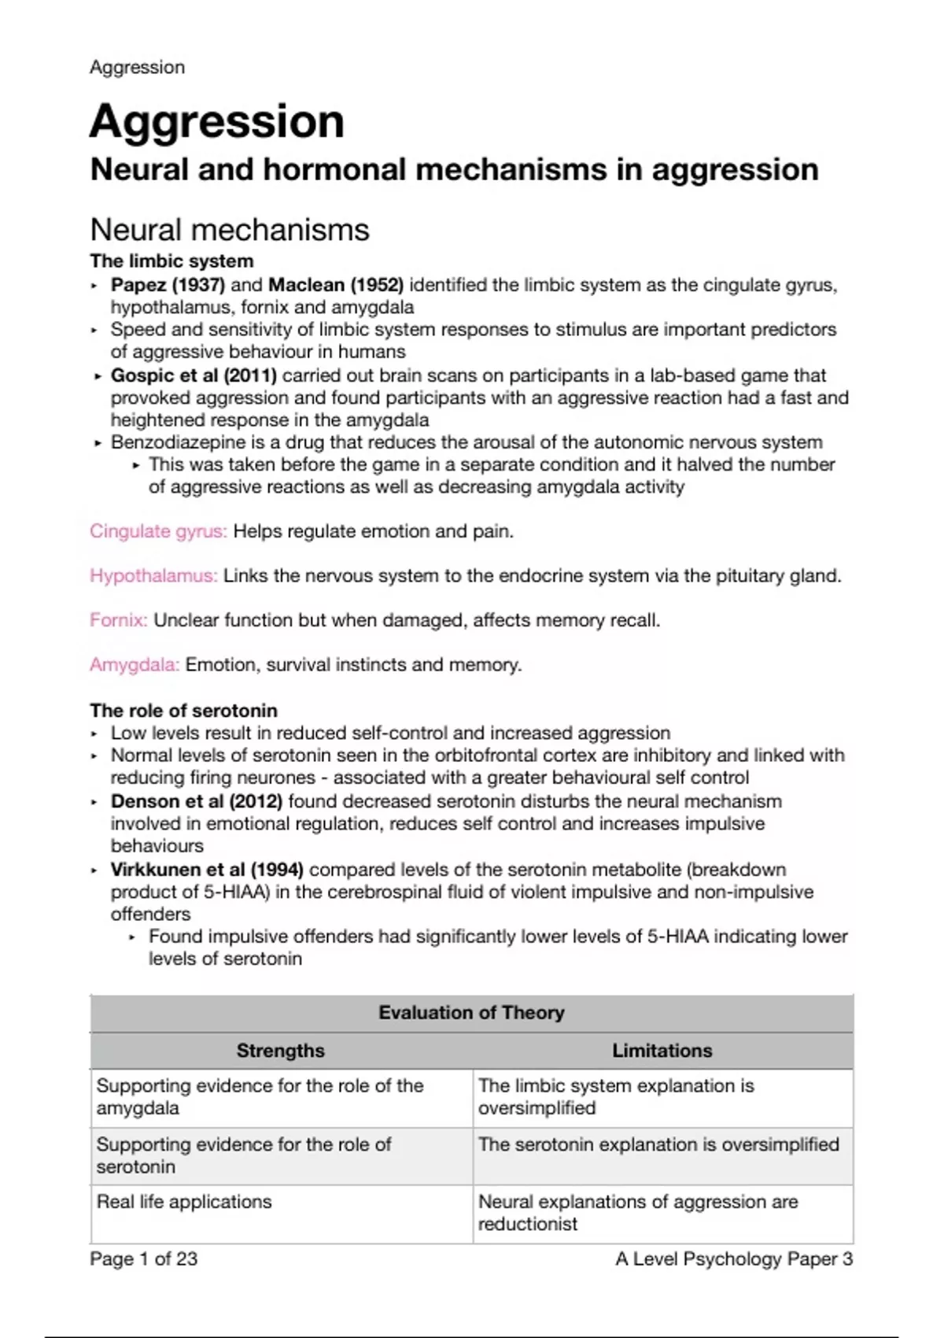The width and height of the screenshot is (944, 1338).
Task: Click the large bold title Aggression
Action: (x=217, y=122)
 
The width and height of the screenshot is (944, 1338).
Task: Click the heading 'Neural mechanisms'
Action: (x=230, y=230)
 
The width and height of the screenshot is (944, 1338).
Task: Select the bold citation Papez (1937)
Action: (x=168, y=285)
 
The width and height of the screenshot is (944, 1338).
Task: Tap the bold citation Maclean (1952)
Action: (x=336, y=285)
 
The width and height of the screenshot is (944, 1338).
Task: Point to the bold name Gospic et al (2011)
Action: (x=194, y=375)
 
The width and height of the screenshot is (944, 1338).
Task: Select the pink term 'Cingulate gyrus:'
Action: (x=158, y=531)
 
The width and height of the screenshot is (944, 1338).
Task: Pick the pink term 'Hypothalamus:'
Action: (x=153, y=576)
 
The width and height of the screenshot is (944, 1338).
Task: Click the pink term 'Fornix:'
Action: (x=119, y=620)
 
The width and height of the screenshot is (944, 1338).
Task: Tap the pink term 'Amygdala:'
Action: (x=135, y=665)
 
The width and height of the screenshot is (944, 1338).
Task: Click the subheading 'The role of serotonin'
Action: (x=183, y=711)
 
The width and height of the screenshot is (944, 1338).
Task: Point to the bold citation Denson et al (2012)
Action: (x=197, y=801)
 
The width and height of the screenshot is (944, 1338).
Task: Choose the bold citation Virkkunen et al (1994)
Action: (x=207, y=870)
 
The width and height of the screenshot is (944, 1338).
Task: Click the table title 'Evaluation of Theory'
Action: (x=471, y=1013)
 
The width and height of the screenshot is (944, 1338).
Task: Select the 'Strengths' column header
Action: (x=281, y=1051)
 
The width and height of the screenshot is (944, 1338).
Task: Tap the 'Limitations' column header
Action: (x=662, y=1051)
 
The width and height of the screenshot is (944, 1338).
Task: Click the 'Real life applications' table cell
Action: (x=184, y=1202)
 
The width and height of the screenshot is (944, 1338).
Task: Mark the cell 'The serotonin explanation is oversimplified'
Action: (x=658, y=1144)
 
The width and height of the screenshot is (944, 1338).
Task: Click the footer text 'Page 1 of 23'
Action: (x=144, y=1259)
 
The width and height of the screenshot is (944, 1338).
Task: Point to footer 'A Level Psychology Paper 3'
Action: (x=734, y=1259)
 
